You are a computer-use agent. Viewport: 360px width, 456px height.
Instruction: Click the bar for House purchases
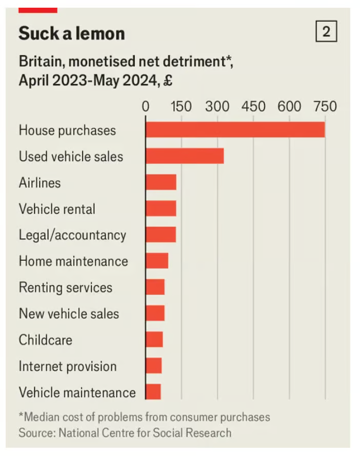[x=235, y=130]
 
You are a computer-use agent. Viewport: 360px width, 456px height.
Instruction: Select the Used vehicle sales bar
[x=185, y=156]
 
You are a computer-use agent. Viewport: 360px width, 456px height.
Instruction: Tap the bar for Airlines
[x=161, y=182]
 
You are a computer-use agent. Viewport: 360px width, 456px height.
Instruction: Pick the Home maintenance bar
[x=157, y=261]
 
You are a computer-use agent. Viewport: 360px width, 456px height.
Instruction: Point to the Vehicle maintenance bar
[x=153, y=392]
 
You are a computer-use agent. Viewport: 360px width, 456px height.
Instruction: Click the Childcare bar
[x=154, y=339]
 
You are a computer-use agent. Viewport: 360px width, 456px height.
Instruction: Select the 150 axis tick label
[x=181, y=107]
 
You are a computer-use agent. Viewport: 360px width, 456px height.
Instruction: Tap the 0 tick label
[x=146, y=107]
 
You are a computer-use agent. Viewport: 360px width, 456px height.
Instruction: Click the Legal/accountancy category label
[x=72, y=235]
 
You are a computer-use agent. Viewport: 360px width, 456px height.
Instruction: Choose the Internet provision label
[x=68, y=366]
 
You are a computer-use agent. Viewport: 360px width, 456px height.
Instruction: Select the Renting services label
[x=66, y=287]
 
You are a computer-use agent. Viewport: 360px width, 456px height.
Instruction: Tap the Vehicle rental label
[x=57, y=209]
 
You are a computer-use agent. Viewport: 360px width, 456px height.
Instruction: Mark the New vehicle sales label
[x=69, y=313]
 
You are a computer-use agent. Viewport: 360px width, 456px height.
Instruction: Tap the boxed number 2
[x=326, y=32]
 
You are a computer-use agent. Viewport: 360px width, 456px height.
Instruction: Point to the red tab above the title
[x=37, y=10]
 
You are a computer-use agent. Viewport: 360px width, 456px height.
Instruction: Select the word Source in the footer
[x=36, y=432]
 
